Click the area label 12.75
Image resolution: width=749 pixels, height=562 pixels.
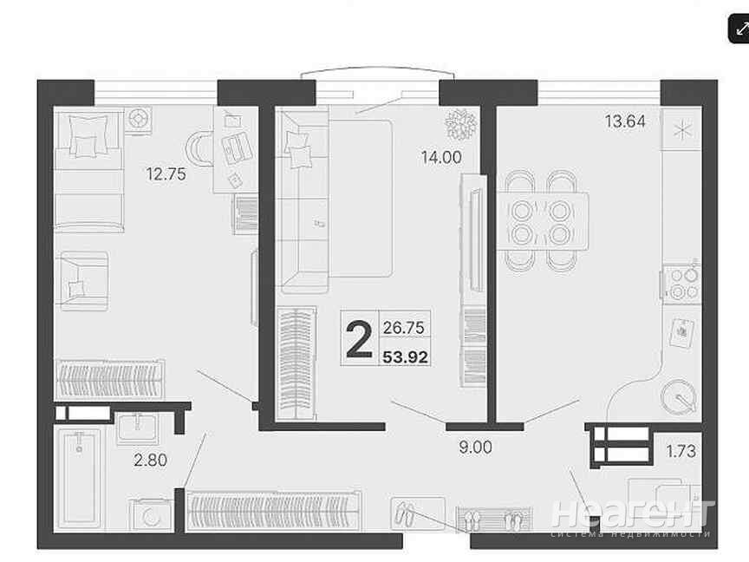point(166,174)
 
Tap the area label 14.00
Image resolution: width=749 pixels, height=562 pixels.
point(441,157)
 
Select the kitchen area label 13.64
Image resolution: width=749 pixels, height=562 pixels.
point(625,121)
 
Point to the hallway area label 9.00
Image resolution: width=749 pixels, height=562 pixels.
point(475,448)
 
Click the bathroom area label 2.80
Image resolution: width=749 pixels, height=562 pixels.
point(151,461)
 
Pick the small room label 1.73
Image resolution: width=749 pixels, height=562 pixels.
point(681,451)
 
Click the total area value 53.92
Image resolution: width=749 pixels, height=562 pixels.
point(406,357)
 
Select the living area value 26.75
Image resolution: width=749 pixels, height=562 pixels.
point(404,328)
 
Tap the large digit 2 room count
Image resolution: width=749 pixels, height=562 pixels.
point(359,339)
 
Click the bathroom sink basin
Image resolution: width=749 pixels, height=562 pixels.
point(138,427)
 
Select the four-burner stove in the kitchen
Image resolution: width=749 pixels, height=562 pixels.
point(681,283)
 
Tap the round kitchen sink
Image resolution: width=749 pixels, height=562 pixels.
point(679,396)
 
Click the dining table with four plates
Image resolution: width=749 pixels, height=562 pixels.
point(542,221)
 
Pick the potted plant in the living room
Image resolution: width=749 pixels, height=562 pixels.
point(461,124)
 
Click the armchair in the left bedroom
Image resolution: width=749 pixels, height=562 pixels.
point(82,281)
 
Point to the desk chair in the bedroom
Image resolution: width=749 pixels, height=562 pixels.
point(199,148)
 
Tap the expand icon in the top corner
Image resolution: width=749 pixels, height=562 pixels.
point(739,29)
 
